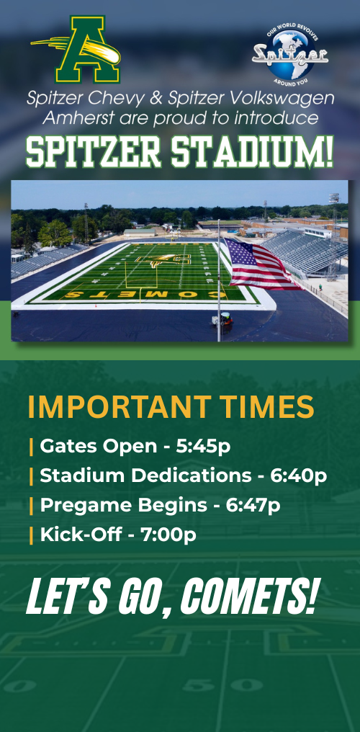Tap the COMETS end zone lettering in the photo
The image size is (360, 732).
pos(145,295)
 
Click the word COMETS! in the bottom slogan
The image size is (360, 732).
pos(248,596)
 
